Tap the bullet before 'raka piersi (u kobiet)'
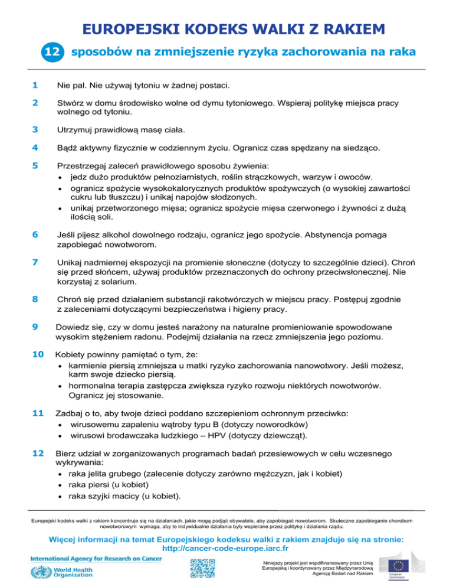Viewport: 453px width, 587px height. [x=61, y=485]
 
